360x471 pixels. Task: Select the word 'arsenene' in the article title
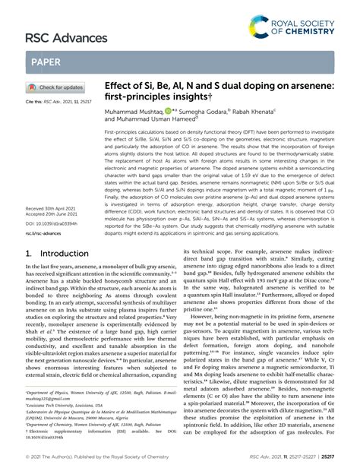pyautogui.click(x=308, y=89)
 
